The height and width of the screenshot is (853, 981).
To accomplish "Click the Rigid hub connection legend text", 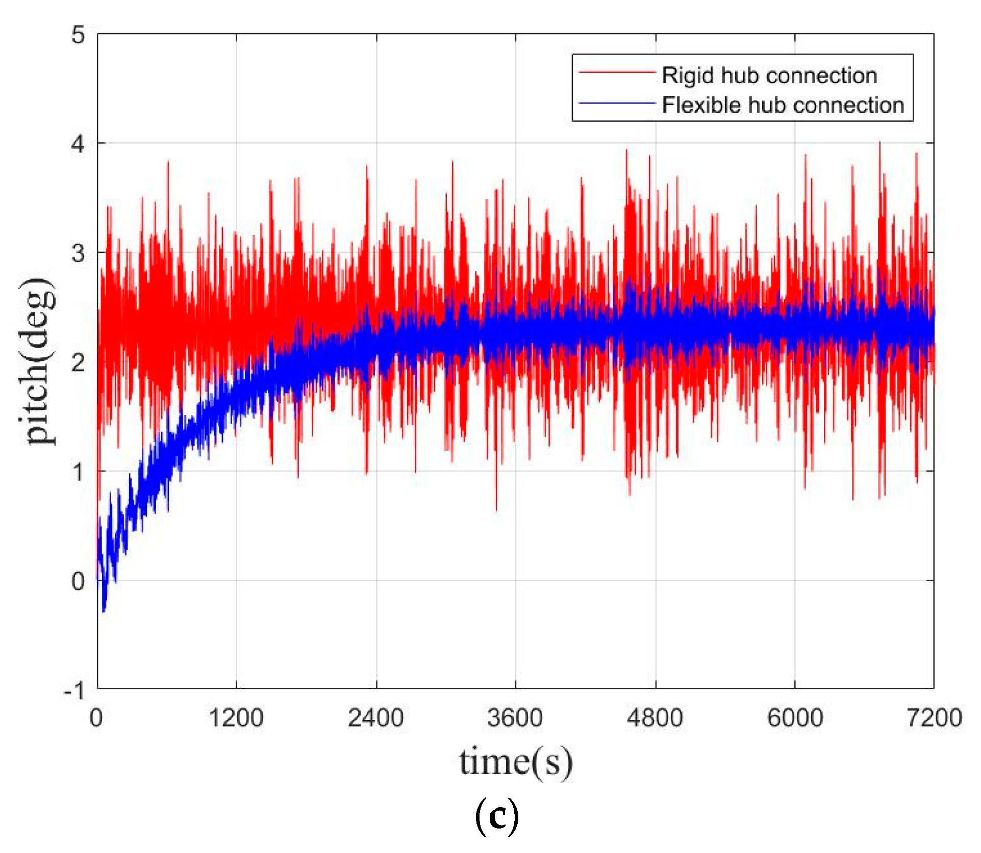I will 769,75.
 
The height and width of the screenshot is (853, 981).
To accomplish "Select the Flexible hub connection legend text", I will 783,105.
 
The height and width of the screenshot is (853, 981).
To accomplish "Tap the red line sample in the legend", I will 617,73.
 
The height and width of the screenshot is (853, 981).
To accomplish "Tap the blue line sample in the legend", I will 617,103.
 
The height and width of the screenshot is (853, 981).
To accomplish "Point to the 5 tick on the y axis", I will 78,35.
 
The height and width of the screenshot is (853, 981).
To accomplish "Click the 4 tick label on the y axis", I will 78,144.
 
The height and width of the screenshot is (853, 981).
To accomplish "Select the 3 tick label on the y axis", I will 78,253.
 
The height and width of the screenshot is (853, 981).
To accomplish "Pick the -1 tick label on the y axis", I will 74,691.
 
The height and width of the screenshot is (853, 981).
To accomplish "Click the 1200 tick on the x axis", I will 236,718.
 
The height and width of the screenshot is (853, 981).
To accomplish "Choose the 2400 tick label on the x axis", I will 376,718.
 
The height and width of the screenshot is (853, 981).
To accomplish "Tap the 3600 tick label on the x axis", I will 515,718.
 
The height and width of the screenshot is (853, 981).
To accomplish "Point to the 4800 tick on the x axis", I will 655,718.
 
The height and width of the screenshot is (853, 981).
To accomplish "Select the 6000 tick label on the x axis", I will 795,718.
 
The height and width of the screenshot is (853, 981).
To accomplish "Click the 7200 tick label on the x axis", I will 934,718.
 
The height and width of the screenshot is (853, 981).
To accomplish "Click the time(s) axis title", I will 516,763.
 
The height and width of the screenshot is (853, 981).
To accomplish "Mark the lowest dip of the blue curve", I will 104,610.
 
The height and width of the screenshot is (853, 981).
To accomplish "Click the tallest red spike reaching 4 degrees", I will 879,143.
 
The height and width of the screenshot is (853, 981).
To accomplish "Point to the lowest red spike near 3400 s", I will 496,509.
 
